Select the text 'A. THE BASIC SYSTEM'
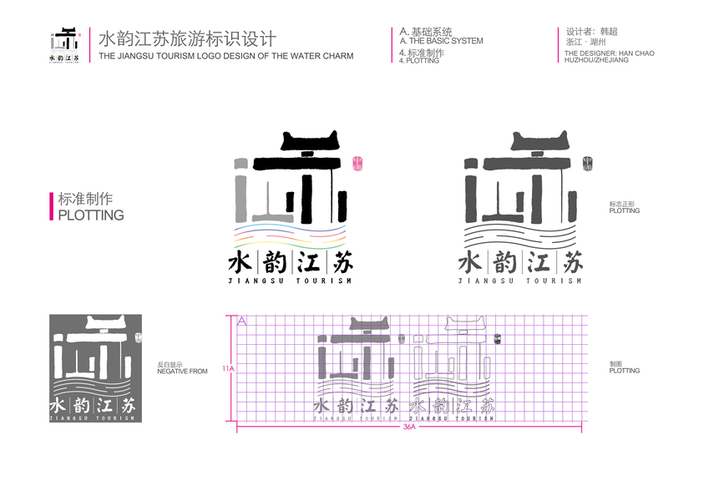pos(441,41)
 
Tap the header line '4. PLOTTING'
pos(419,61)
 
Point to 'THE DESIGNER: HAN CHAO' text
pos(609,53)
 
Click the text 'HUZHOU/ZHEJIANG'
pos(596,61)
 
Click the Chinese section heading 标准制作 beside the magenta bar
pos(85,200)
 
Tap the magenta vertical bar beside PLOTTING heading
pos(52,206)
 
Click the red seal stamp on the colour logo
pos(359,163)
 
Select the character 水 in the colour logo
pos(241,262)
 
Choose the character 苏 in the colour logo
pos(342,262)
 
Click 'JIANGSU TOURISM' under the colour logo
pos(290,281)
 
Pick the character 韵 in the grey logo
pos(505,262)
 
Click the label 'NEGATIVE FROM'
pos(182,371)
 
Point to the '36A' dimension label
pos(409,427)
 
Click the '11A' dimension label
pos(227,367)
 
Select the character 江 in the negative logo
pos(104,405)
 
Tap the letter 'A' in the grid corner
pos(242,320)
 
